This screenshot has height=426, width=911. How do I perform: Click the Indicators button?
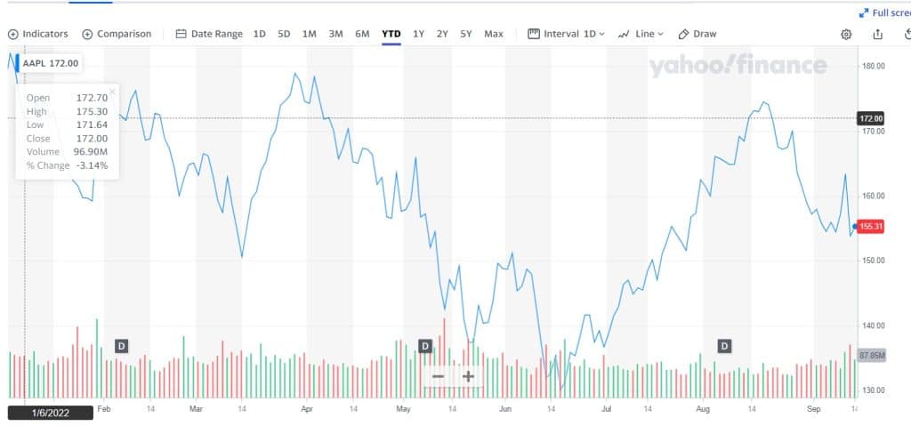pos(38,34)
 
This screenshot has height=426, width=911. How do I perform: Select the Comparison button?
pos(117,34)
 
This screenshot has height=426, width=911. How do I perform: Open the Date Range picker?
pos(209,34)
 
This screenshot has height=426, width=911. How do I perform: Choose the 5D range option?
pos(284,34)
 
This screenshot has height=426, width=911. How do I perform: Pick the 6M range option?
pos(362,34)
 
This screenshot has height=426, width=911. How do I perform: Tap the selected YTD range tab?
pos(391,34)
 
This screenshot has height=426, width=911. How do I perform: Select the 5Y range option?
pos(466,34)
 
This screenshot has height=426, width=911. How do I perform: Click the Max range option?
pos(493,34)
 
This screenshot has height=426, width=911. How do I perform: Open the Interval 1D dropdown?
pos(566,34)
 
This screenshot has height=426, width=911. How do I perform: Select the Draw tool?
pos(697,34)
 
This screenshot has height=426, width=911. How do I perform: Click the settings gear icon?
pos(846,34)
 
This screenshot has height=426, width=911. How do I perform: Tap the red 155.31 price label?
pos(871,227)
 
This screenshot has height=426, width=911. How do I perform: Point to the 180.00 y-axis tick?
pos(873,66)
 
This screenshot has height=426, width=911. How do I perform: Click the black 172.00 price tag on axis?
pos(871,118)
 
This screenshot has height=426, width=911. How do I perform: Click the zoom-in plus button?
pos(468,376)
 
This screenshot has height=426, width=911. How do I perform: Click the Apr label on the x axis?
pos(307,410)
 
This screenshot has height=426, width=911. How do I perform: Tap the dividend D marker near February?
pos(122,345)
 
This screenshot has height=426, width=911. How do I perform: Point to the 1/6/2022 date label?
pos(50,413)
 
